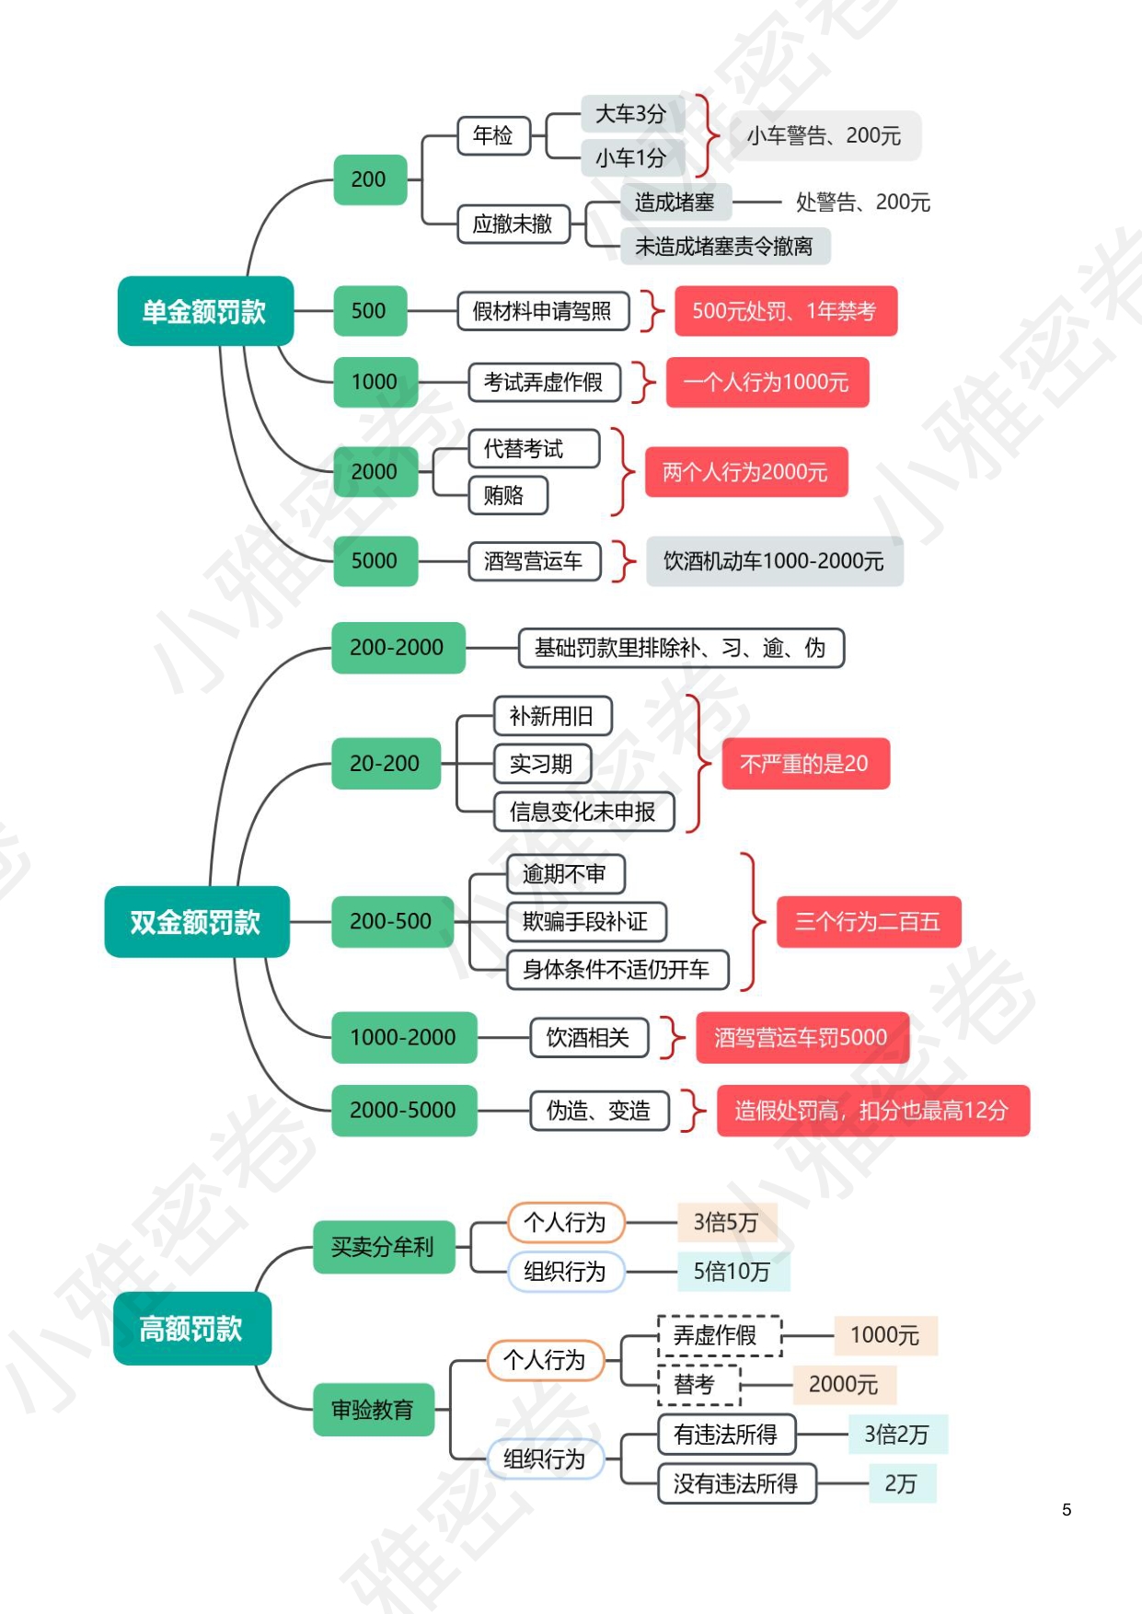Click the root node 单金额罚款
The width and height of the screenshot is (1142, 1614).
205,311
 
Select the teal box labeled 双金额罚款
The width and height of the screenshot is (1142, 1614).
196,921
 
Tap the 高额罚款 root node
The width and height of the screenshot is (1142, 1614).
191,1328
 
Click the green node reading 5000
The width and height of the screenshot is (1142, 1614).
375,560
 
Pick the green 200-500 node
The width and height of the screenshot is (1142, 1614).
391,921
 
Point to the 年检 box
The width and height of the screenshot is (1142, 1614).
493,135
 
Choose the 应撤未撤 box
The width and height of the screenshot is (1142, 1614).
513,224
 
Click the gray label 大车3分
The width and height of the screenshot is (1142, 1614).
631,114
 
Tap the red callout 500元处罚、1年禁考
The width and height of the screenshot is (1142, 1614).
785,311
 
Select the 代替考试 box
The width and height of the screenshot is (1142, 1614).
525,449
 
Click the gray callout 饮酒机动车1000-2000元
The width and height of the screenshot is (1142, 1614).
774,560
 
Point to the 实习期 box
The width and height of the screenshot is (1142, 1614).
541,764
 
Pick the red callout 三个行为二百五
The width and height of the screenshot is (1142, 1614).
868,921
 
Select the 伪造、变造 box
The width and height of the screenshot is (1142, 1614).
599,1111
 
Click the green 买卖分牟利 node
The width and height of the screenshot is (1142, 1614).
383,1247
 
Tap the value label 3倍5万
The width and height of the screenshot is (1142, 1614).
726,1222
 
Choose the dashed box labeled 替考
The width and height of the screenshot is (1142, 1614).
698,1384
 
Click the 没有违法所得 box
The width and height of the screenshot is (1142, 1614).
736,1483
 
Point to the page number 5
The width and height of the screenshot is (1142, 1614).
1067,1509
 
